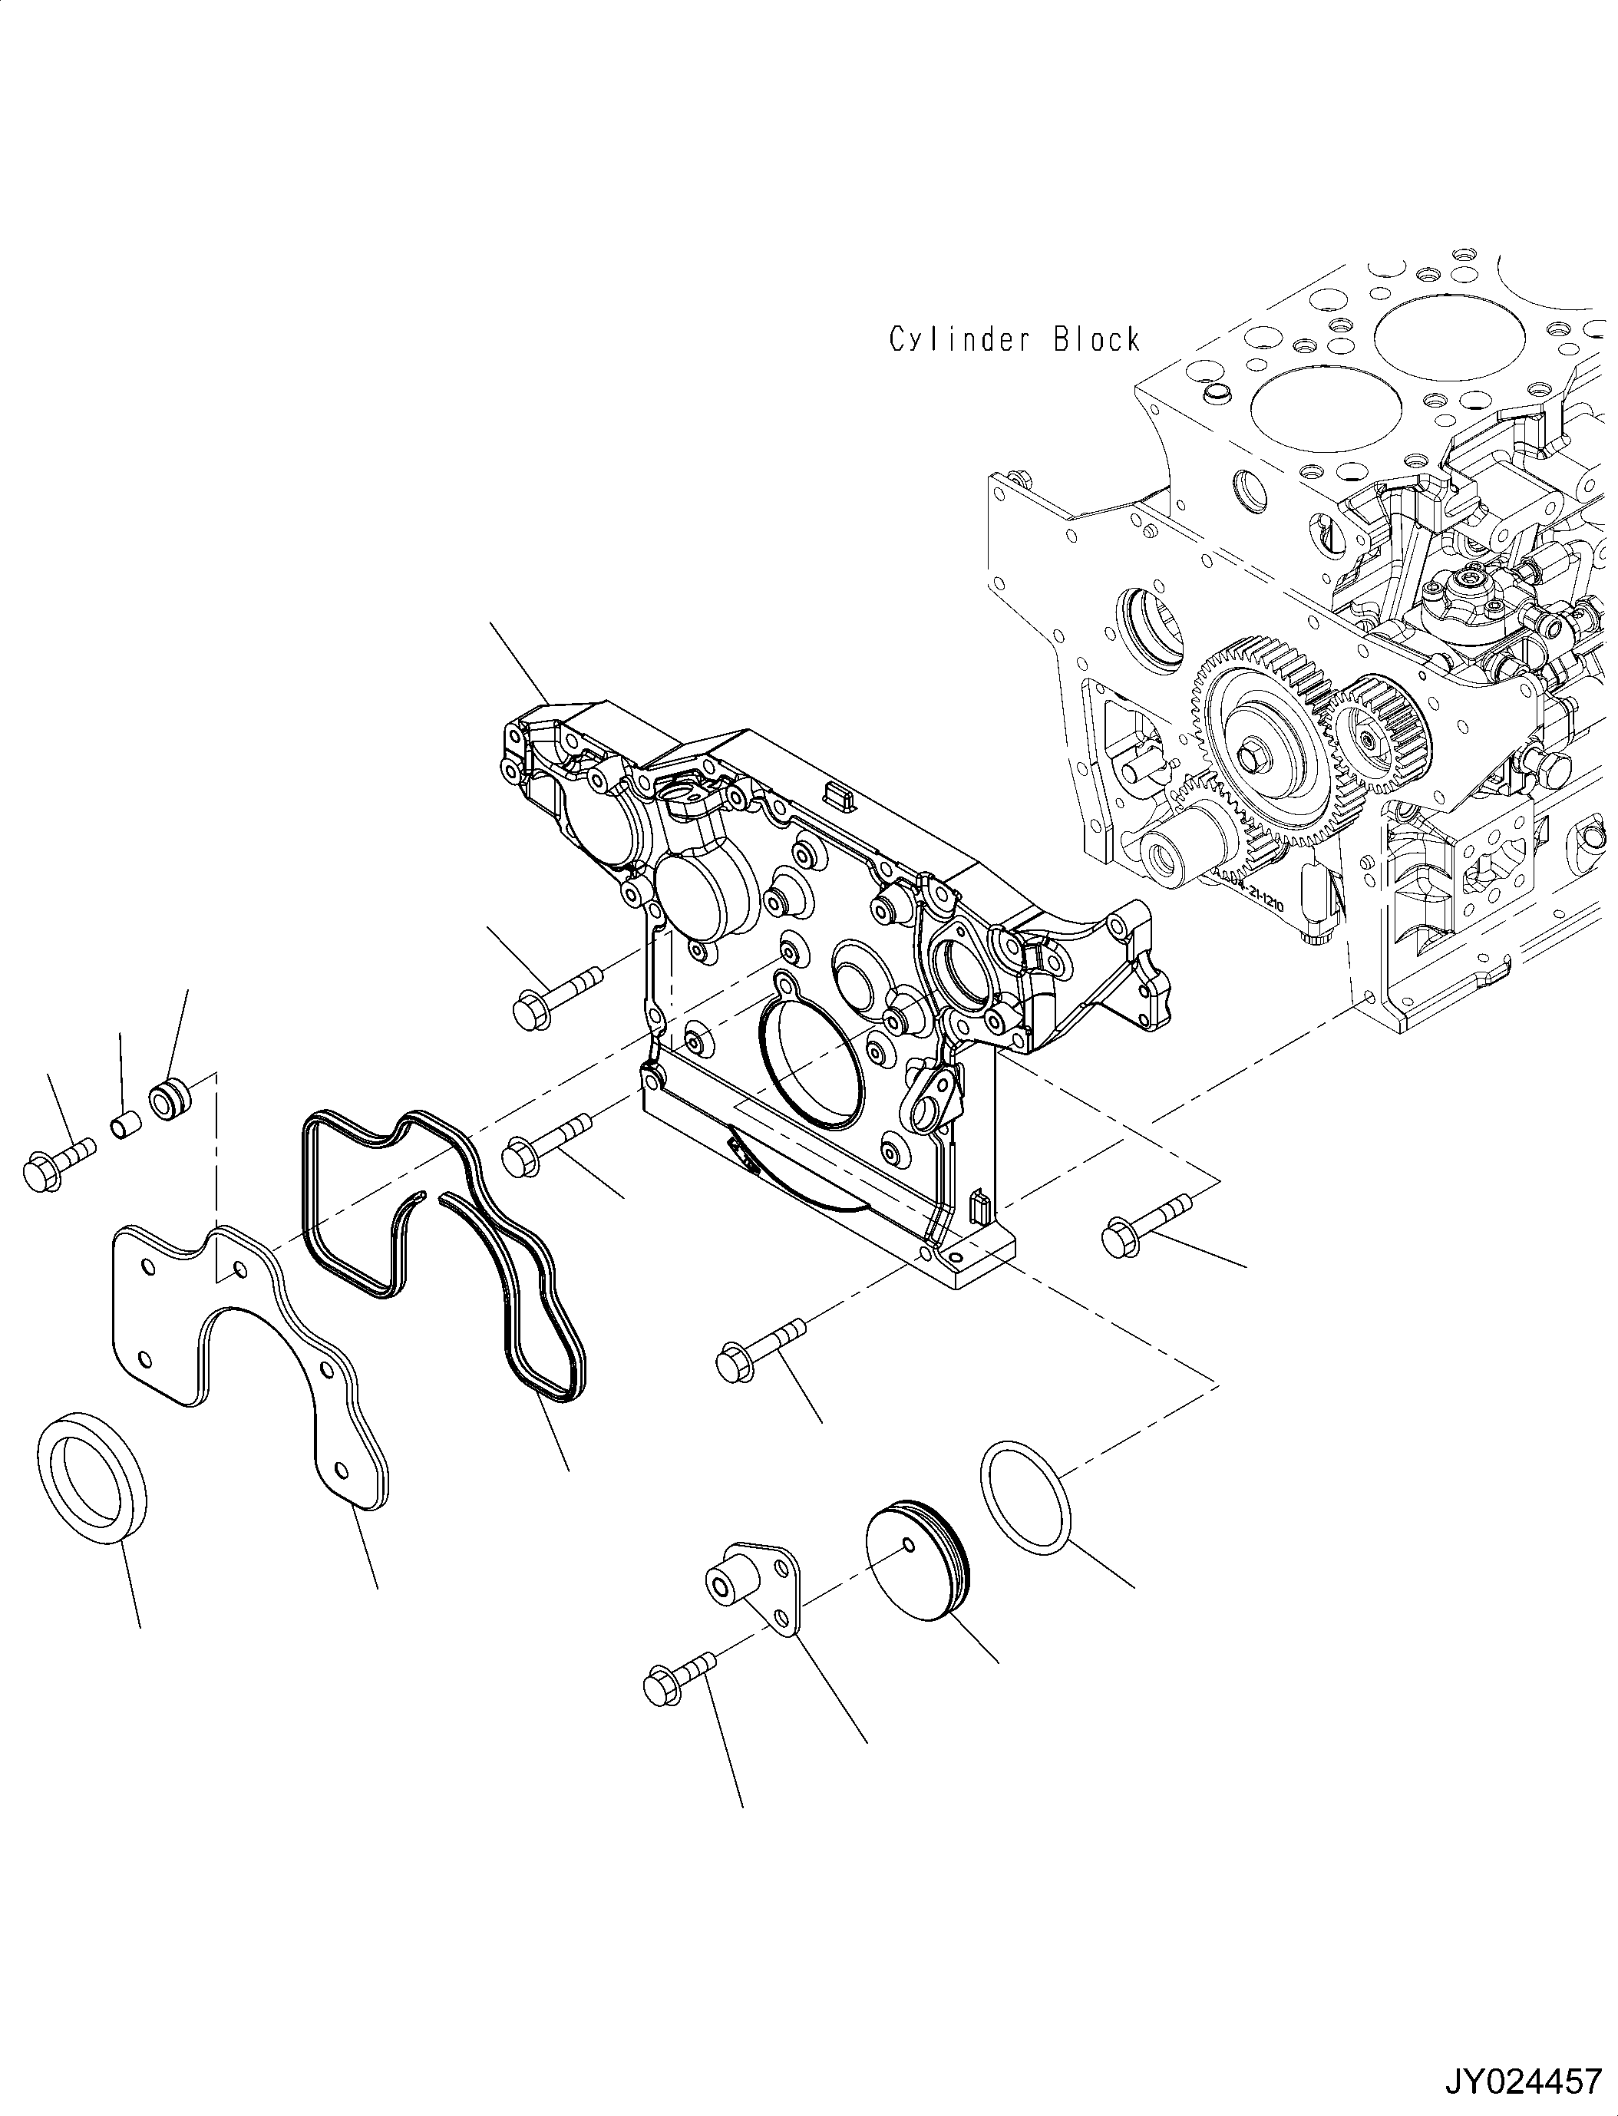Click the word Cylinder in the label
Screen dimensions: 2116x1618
point(959,340)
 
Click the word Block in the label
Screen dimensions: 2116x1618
point(1096,340)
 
